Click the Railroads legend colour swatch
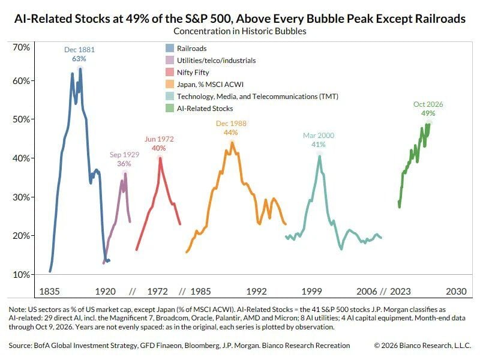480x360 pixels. coord(170,49)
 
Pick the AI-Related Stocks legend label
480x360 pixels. coord(205,109)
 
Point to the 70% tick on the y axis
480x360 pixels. coord(22,47)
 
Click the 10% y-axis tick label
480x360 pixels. coord(22,275)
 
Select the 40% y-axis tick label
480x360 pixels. coord(22,158)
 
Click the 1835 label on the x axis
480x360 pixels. coord(50,291)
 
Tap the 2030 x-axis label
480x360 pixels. coord(456,291)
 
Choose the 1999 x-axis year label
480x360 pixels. coord(311,291)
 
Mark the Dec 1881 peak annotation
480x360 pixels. coord(79,54)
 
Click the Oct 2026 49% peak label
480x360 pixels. coord(428,109)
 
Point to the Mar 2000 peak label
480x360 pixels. coord(319,140)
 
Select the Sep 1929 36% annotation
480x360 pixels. coord(124,159)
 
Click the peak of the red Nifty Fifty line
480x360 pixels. coord(160,158)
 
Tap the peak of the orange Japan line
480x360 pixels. coord(232,143)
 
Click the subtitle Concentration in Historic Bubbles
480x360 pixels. coord(239,31)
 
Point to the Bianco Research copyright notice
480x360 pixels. coord(422,346)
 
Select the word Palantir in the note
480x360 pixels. coord(238,318)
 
